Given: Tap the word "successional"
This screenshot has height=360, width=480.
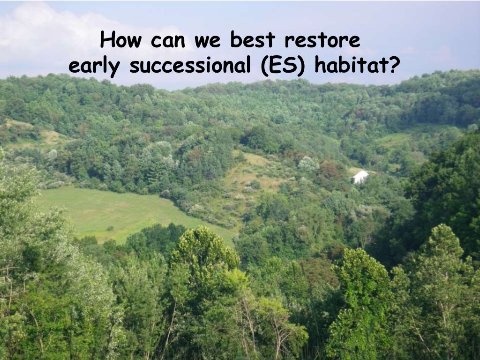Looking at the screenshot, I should tap(190, 66).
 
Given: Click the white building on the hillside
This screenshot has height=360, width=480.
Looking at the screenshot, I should tap(360, 177).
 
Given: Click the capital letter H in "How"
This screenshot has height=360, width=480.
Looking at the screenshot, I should tap(108, 40).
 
